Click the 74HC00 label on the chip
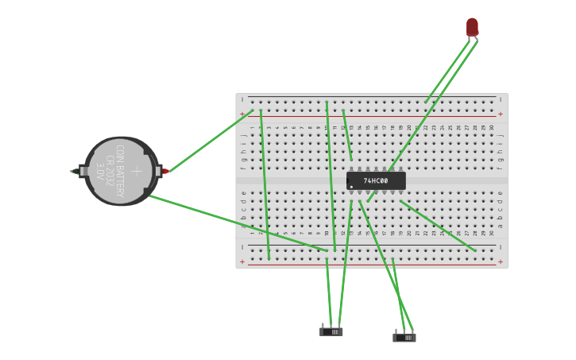coord(376,181)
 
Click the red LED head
coord(472,27)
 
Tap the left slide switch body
coord(331,331)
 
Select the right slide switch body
coord(404,338)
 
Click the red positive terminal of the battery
coord(165,171)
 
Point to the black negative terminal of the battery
coord(74,171)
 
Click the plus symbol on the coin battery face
coord(137,171)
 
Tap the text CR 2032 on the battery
coord(110,171)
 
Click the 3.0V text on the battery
coord(100,171)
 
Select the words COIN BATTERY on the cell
coord(121,171)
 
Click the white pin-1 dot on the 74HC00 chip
coord(351,187)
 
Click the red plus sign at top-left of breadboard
coord(242,114)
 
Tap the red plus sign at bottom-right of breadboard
coord(500,261)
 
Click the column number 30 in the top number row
coord(492,127)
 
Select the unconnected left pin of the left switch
coord(323,324)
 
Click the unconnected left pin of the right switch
coord(396,331)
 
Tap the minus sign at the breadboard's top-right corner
coord(500,99)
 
